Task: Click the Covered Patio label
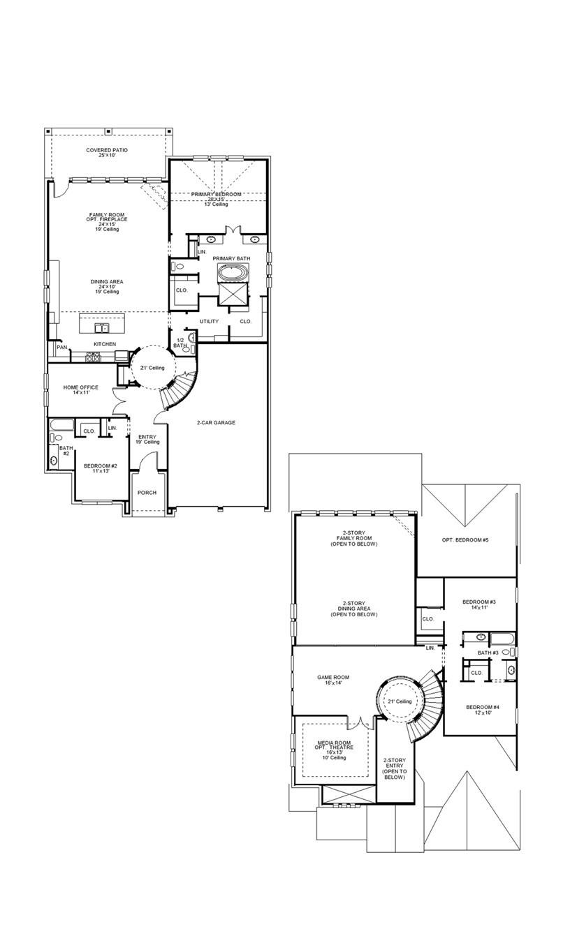pos(107,152)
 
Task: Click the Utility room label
pos(209,321)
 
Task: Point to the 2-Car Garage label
pos(216,422)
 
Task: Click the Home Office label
pos(81,390)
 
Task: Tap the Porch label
pos(147,492)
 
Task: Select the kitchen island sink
pos(102,327)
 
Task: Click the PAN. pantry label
pos(62,347)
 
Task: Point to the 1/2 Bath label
pos(180,342)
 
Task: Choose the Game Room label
pos(333,680)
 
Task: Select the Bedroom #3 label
pos(479,604)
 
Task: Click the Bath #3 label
pos(488,653)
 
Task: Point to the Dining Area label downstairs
pos(107,284)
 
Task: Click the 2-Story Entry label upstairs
pos(395,768)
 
